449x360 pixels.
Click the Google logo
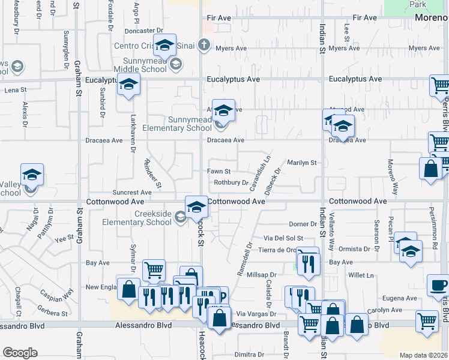(x=20, y=353)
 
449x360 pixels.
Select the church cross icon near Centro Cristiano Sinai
(x=204, y=44)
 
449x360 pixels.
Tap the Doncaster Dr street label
(x=144, y=31)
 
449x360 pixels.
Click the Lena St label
(x=16, y=90)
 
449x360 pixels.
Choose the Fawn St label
(x=219, y=172)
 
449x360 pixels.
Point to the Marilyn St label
(x=301, y=163)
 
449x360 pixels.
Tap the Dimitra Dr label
(x=250, y=355)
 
